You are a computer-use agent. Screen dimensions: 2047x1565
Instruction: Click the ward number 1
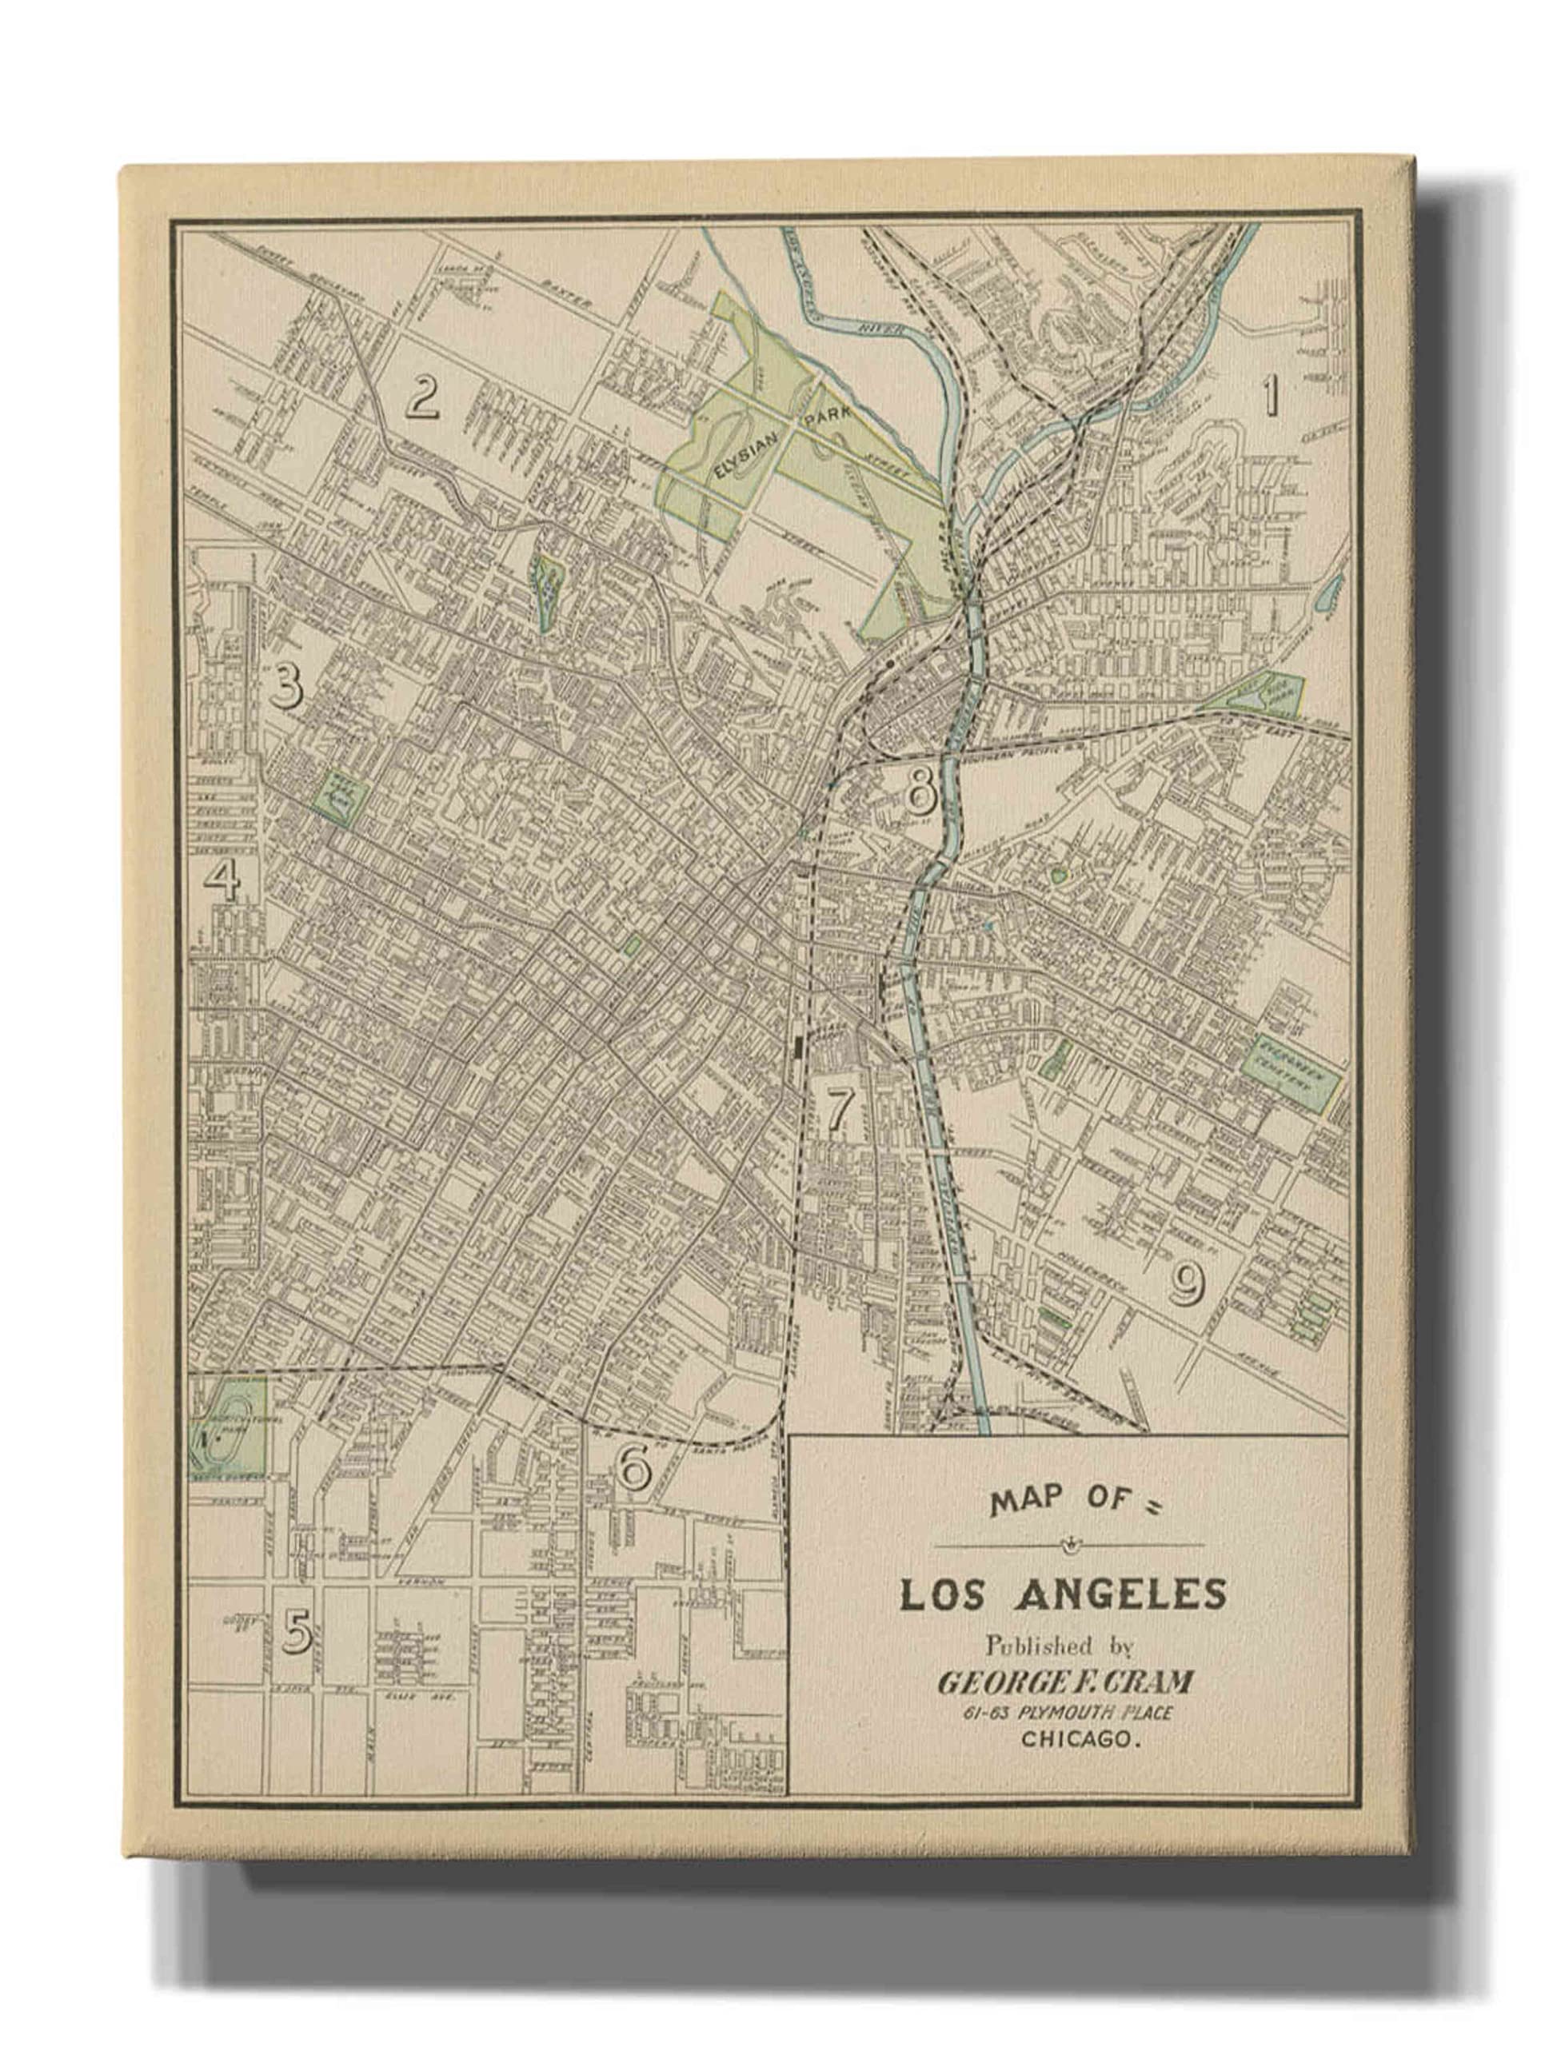1271,397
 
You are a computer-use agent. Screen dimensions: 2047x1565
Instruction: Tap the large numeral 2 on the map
421,397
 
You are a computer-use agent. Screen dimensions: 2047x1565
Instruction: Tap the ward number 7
840,1109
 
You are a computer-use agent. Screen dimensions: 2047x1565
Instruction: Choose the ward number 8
920,790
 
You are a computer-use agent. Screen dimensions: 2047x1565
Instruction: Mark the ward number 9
1186,1286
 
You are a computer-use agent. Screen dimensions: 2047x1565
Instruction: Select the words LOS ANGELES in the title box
1062,1594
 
